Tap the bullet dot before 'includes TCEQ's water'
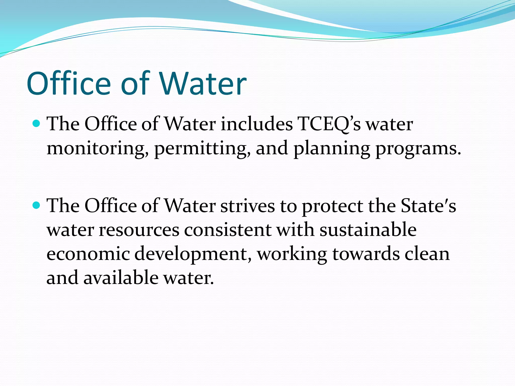click(x=37, y=123)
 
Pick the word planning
click(x=332, y=148)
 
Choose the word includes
click(x=257, y=124)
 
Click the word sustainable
click(x=368, y=230)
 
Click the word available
click(x=121, y=278)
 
